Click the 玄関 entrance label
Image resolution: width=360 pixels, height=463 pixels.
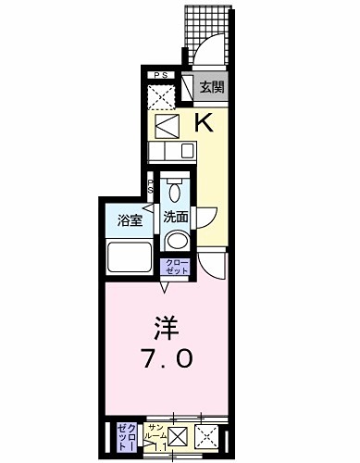click(212, 88)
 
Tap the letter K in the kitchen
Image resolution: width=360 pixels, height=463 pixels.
click(205, 120)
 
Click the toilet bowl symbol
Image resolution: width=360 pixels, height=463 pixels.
click(175, 191)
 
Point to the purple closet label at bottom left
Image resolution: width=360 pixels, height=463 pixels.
click(125, 436)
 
